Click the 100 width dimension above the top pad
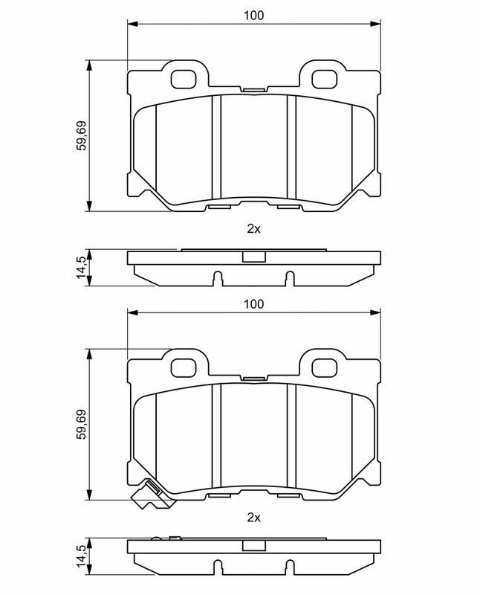pyautogui.click(x=253, y=16)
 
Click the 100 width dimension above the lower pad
pyautogui.click(x=253, y=304)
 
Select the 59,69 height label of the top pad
pyautogui.click(x=82, y=135)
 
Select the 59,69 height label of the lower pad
pyautogui.click(x=82, y=424)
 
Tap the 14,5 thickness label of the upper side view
pyautogui.click(x=82, y=267)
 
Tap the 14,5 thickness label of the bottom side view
pyautogui.click(x=82, y=556)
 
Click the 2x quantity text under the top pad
pyautogui.click(x=253, y=229)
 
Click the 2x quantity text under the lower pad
pyautogui.click(x=253, y=518)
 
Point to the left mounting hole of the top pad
pyautogui.click(x=184, y=80)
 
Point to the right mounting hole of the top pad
pyautogui.click(x=324, y=80)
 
